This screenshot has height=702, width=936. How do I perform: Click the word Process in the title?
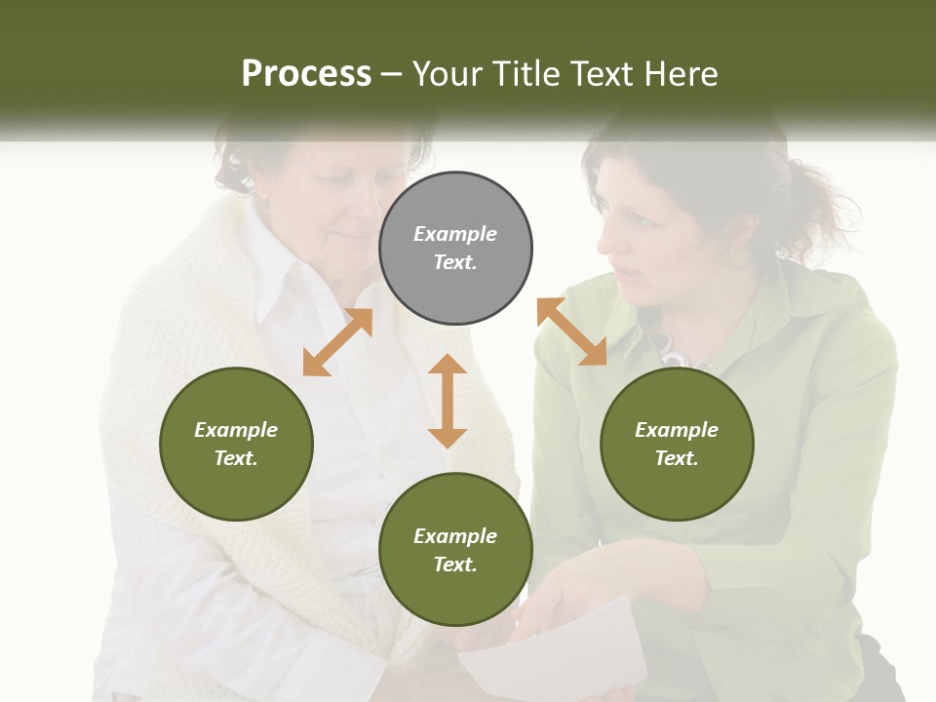pyautogui.click(x=306, y=74)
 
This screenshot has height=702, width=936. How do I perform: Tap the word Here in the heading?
pyautogui.click(x=679, y=74)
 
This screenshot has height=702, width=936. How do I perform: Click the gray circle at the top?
pyautogui.click(x=455, y=249)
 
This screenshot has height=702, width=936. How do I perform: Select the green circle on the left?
pyautogui.click(x=236, y=444)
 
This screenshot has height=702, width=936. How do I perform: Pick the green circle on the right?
pyautogui.click(x=677, y=444)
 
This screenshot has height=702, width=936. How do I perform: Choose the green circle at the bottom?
pyautogui.click(x=455, y=550)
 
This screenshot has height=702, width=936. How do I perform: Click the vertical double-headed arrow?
pyautogui.click(x=448, y=401)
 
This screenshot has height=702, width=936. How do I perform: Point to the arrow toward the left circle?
pyautogui.click(x=337, y=342)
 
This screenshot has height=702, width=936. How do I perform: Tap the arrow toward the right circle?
pyautogui.click(x=572, y=331)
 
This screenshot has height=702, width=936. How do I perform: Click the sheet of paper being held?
pyautogui.click(x=556, y=653)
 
